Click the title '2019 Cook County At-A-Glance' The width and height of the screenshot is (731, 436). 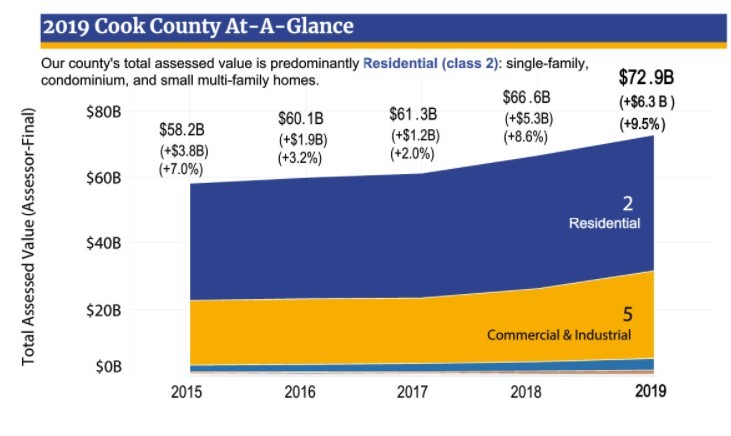197,26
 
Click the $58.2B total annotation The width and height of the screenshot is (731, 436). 181,130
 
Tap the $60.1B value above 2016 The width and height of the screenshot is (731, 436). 301,120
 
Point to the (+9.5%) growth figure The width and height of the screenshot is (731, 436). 642,124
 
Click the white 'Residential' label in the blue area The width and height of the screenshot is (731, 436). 604,223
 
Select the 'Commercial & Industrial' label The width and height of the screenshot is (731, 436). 559,334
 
